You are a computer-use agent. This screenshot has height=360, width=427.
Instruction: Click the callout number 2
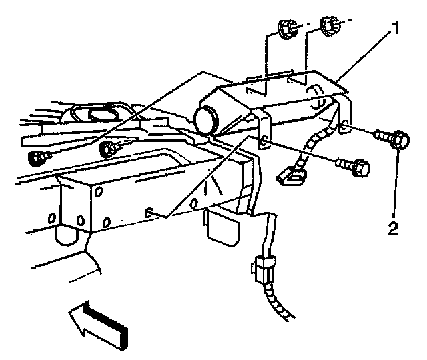coord(394,230)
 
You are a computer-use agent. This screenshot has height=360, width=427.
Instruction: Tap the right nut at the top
coord(328,26)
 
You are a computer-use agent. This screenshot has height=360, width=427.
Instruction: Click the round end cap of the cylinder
coord(207,121)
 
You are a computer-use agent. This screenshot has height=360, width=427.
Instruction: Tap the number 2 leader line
coord(398,187)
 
